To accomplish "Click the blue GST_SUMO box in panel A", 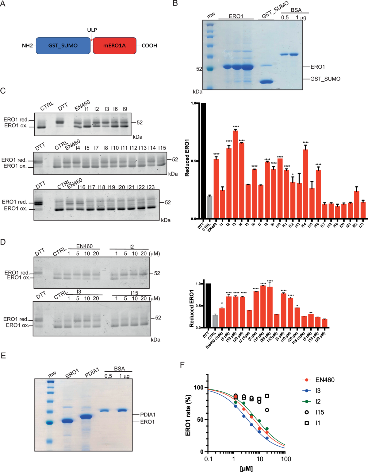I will [x=63, y=46].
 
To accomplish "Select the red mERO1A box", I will [x=114, y=46].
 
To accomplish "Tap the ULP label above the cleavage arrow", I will [x=92, y=30].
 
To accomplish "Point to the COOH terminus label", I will [x=149, y=46].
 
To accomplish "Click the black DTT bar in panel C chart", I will [x=203, y=161].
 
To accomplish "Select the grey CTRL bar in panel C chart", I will [x=209, y=207].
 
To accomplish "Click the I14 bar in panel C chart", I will [x=305, y=184].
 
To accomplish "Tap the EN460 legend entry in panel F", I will [x=324, y=380].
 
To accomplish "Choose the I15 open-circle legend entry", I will [x=319, y=412].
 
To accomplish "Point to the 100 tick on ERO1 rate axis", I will [x=199, y=388].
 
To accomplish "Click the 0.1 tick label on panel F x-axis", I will [x=208, y=459].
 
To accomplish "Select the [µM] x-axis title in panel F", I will [x=246, y=469].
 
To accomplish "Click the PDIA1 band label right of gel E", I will [x=148, y=415].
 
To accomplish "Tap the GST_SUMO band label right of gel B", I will [x=325, y=79].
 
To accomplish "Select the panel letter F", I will [x=182, y=365].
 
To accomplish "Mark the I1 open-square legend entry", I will [x=317, y=423].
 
